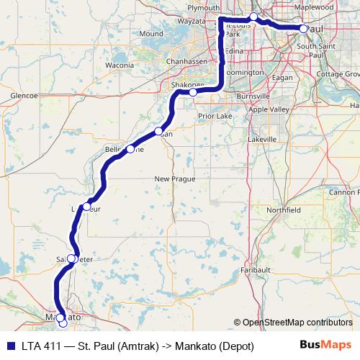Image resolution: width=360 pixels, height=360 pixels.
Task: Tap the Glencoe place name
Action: point(24,95)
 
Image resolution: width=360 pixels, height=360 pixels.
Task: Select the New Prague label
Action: point(170,179)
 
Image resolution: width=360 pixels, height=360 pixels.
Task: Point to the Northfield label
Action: point(283,210)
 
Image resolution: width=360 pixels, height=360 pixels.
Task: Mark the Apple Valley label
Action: point(275,110)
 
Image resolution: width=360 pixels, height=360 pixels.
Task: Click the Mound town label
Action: point(151,34)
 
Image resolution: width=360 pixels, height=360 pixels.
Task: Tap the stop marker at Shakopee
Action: point(193,92)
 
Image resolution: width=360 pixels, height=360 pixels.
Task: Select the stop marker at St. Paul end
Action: point(303,29)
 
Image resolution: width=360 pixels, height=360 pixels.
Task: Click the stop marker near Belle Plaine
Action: point(130,149)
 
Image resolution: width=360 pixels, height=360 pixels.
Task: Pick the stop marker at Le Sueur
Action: point(86,207)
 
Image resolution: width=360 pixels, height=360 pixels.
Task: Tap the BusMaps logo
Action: point(325,346)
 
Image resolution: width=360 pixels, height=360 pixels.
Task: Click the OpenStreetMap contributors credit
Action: point(292,322)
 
